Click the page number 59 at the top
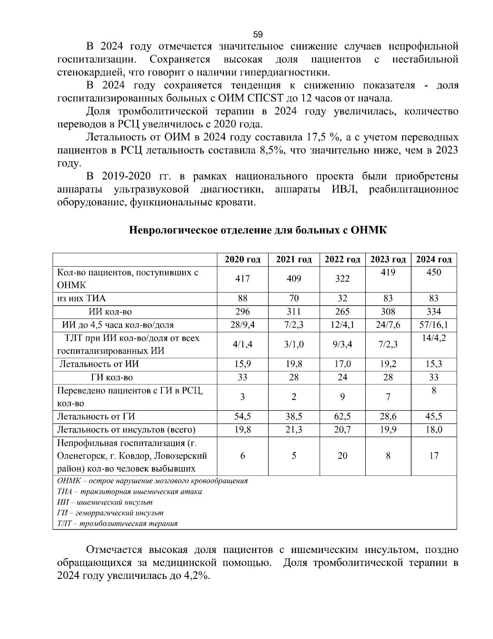258,34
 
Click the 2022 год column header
342,260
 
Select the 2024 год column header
434,260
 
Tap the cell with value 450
434,272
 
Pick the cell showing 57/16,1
434,325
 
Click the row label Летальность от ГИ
96,416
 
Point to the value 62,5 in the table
342,416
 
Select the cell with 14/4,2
434,338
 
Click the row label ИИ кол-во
111,312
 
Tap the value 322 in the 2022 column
342,279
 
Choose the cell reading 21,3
294,430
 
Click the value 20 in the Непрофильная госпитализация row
342,456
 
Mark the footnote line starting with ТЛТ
117,524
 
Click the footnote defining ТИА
129,492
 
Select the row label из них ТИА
81,299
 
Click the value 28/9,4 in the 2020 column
242,325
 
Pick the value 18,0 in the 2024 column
434,430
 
